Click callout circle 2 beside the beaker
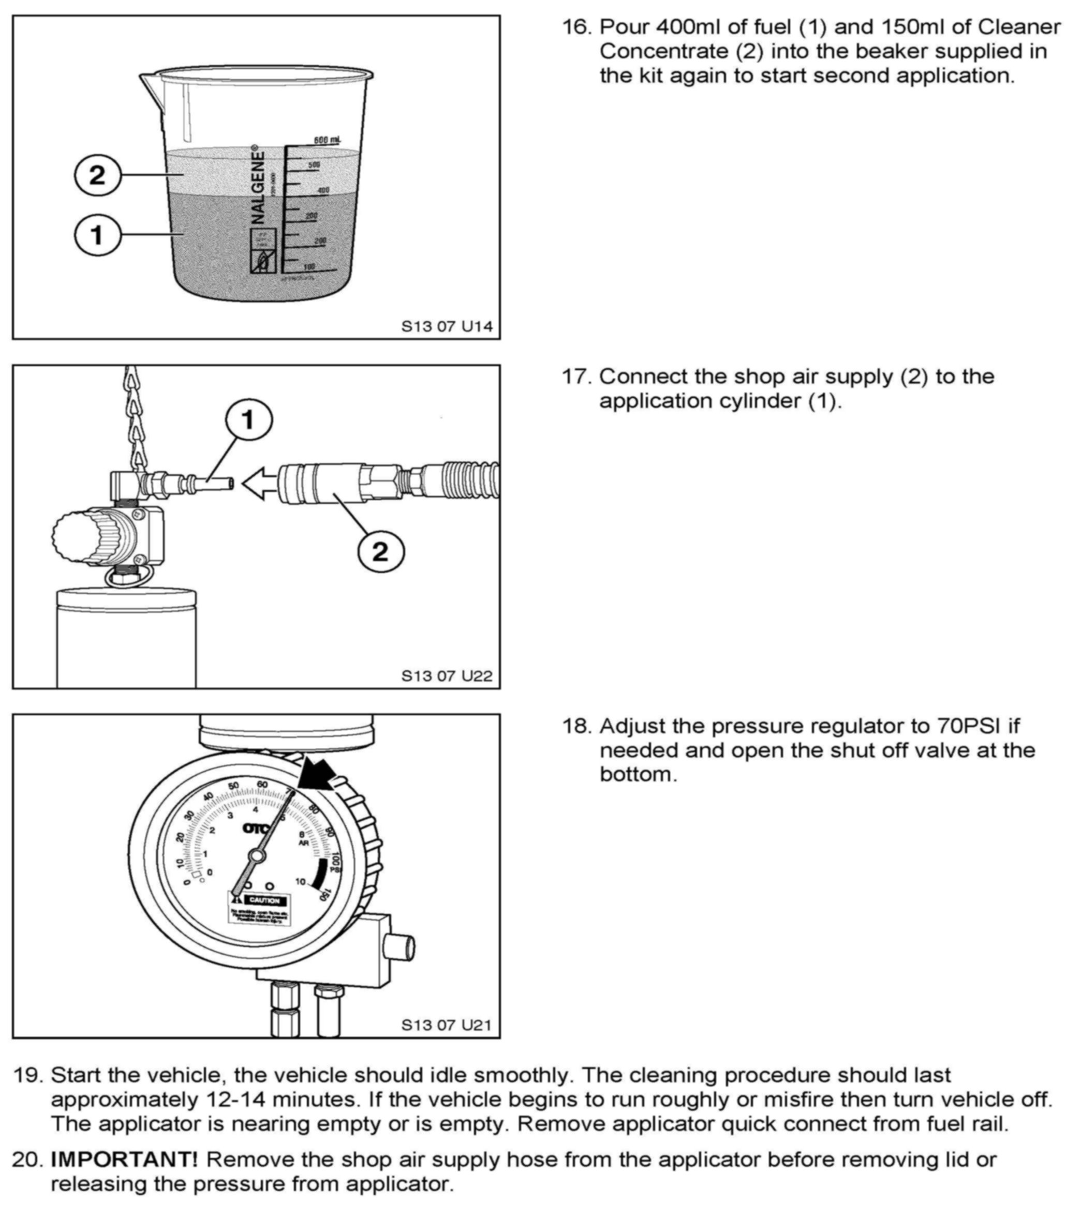97,175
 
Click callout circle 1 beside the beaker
97,235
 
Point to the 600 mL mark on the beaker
327,140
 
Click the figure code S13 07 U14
447,326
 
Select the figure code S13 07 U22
447,675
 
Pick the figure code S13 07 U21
447,1025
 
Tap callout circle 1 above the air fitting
249,420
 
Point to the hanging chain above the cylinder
135,417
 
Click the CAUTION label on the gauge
262,900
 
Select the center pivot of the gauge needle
257,856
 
